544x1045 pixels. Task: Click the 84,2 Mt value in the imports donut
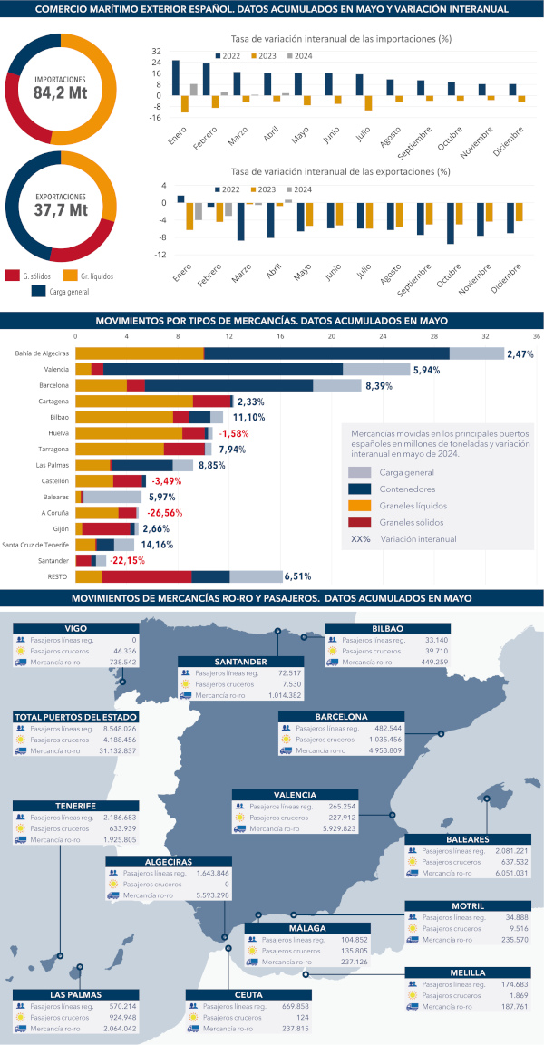pyautogui.click(x=61, y=92)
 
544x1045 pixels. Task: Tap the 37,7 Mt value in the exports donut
pyautogui.click(x=61, y=209)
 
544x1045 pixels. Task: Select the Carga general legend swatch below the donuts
pyautogui.click(x=39, y=292)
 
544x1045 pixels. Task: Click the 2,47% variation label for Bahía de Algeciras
pyautogui.click(x=520, y=353)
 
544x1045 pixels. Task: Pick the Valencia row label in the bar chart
pyautogui.click(x=56, y=370)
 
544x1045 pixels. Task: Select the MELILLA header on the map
pyautogui.click(x=467, y=972)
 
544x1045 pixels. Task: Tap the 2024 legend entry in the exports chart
pyautogui.click(x=297, y=189)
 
